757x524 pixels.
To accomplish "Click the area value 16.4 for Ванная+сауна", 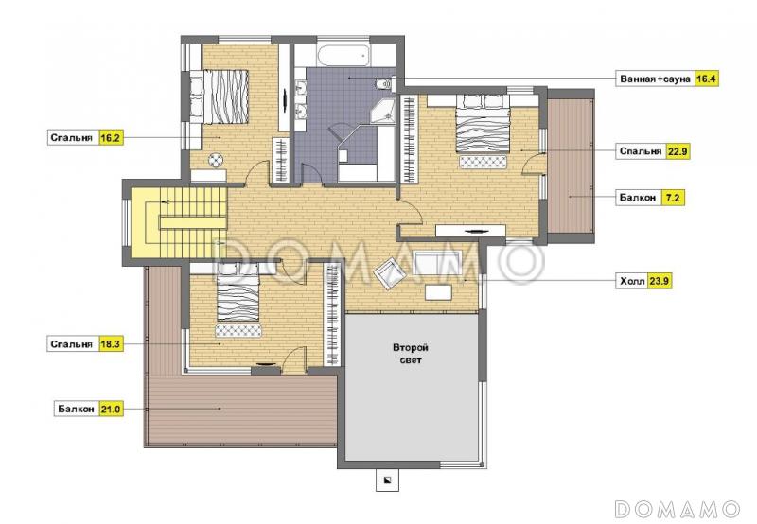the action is coord(706,79).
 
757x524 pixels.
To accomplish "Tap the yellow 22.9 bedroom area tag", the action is coord(678,151).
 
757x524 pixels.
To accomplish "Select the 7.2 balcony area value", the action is coord(673,198).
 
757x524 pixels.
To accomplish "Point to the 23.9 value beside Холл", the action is coord(660,281).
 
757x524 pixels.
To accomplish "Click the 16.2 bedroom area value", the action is coord(110,138).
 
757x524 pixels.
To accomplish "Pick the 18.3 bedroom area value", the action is coord(110,344).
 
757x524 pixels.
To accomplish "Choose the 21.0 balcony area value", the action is coord(110,410).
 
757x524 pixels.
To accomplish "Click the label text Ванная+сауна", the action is coord(655,79).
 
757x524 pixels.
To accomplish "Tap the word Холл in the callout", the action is coord(632,281).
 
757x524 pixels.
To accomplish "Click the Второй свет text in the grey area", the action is coord(411,354).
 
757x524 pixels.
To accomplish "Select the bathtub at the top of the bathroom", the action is coord(344,56).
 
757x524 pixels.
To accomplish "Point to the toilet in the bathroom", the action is coord(384,84).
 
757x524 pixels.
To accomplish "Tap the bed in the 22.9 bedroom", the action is coord(483,124).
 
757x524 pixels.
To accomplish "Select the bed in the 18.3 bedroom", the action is coord(238,293).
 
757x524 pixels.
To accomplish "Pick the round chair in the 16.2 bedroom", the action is coord(217,159).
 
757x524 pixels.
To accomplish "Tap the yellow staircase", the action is coord(186,222).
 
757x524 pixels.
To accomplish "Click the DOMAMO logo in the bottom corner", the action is coord(678,509).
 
